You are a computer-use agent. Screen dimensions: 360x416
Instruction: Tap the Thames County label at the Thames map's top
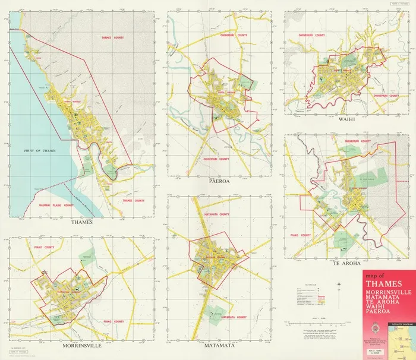tap(113, 37)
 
